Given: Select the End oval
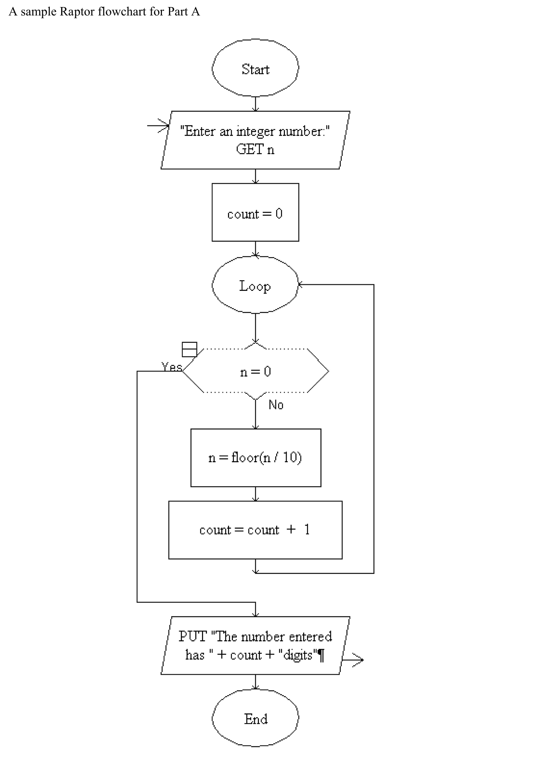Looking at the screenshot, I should (255, 718).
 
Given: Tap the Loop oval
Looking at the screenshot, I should (255, 285).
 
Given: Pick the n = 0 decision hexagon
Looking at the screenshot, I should (255, 371).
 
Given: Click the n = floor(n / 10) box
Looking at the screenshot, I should (256, 458).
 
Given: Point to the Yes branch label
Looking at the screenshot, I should (171, 367).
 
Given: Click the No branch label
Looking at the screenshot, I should (276, 405).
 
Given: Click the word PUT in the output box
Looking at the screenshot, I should (192, 636).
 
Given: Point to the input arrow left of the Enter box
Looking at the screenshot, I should (158, 125).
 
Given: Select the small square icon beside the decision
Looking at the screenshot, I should (189, 349).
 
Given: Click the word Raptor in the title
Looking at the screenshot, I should (77, 12).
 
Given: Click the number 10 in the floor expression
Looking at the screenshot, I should (290, 457).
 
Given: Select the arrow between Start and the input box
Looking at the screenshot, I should (255, 104).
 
